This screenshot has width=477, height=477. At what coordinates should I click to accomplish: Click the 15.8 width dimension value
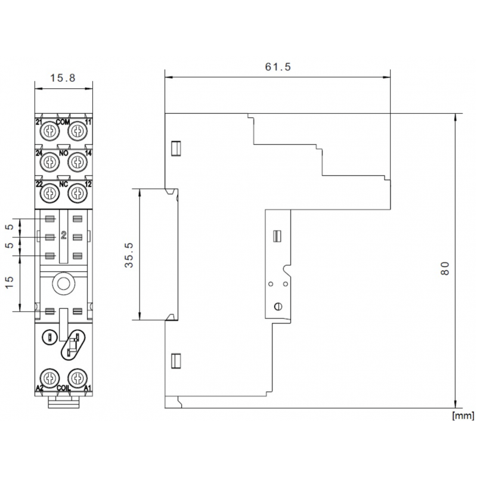pos(63,78)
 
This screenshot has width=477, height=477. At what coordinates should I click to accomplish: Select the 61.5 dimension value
pos(278,67)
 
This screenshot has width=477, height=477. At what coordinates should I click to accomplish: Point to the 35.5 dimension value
pos(129,255)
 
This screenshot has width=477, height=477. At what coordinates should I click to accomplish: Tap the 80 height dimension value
pos(445,268)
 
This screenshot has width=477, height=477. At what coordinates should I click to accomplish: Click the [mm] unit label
pos(463,416)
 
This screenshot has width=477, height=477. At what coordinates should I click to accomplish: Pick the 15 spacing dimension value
pos(10,282)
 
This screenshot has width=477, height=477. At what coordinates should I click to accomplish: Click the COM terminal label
pos(63,122)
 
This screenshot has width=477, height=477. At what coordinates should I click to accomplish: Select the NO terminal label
pos(64,153)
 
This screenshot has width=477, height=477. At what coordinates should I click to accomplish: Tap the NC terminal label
pos(64,184)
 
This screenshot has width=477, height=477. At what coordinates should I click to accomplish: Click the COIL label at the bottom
pos(64,388)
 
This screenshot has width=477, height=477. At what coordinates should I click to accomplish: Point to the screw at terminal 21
pos(49,131)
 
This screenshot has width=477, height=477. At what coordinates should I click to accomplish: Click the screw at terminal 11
pos(78,131)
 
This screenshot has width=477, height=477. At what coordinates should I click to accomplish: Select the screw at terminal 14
pos(78,162)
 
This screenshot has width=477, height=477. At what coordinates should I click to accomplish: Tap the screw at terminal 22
pos(49,193)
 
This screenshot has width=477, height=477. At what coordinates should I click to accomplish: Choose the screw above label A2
pos(49,378)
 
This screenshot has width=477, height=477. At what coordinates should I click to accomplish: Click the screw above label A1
pos(78,378)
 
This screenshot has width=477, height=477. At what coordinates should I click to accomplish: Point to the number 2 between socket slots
pos(64,235)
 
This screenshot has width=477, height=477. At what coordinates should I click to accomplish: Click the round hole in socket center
pos(64,284)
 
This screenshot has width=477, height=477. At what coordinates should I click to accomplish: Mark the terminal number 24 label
pos(39,153)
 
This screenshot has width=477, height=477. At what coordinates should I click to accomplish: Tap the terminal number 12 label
pos(88,184)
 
